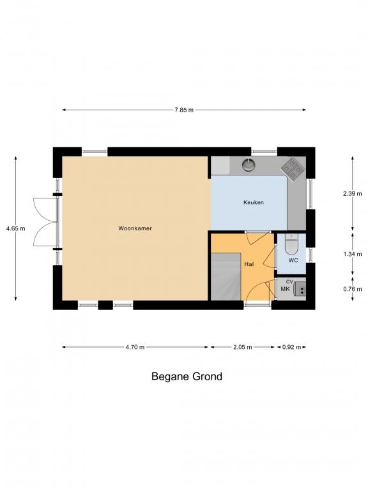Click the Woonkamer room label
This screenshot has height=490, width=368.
tap(135, 228)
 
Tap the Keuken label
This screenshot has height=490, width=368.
tap(254, 202)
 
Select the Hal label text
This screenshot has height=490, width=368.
tap(249, 264)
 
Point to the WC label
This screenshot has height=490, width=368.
tap(293, 260)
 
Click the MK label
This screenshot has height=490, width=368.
tap(285, 289)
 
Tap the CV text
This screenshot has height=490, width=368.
tap(289, 282)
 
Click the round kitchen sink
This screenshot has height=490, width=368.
tap(249, 165)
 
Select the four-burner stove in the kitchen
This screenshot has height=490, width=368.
tap(292, 169)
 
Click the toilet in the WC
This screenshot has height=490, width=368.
tap(291, 244)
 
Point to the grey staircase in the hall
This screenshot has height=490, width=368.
tap(226, 276)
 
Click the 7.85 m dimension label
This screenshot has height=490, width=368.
tap(184, 110)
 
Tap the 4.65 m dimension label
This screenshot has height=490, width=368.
tap(15, 228)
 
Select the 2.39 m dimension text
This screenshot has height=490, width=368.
tap(353, 193)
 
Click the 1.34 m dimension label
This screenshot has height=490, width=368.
tap(353, 254)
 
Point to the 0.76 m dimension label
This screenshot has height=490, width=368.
tap(353, 289)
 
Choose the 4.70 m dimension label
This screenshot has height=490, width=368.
tap(135, 347)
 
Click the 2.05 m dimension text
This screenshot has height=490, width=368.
tap(243, 347)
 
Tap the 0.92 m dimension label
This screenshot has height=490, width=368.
tap(291, 347)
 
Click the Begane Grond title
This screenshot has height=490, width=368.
tap(187, 376)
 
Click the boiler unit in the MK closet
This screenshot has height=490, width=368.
tap(300, 289)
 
